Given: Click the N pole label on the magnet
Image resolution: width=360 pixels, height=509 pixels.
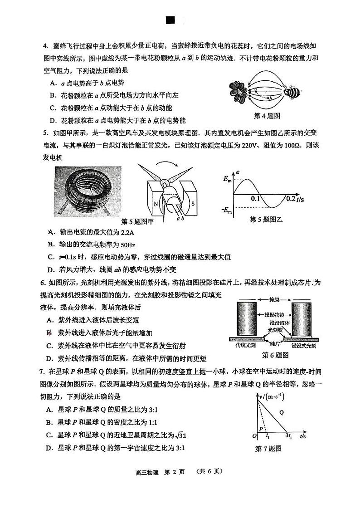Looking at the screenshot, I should pos(156,204).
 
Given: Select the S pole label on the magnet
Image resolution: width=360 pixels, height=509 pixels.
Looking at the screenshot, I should pos(192,204).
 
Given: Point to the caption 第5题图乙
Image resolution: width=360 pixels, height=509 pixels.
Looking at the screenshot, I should pos(266,220).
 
